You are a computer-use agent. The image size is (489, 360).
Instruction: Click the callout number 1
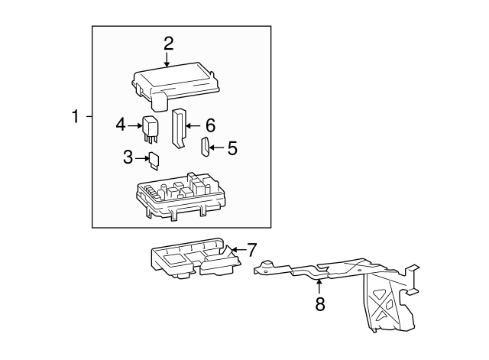click(76, 117)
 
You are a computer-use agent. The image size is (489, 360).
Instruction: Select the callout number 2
click(168, 43)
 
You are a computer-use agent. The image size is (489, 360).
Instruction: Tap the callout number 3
click(128, 157)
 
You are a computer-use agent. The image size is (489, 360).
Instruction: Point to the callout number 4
click(121, 124)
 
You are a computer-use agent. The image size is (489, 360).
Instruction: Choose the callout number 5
click(232, 148)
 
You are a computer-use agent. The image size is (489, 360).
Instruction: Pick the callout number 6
click(210, 124)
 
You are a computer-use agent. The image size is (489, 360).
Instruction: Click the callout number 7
click(251, 249)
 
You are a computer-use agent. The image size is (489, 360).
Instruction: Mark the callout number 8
click(320, 304)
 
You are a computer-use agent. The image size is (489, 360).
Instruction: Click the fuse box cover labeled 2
click(176, 81)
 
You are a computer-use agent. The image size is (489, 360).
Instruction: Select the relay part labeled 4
click(151, 128)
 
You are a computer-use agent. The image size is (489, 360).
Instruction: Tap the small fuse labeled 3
click(154, 160)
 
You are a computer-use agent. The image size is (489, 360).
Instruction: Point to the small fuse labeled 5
click(204, 147)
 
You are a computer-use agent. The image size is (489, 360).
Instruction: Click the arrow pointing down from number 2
click(168, 60)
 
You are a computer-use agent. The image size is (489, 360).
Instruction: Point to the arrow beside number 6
click(192, 125)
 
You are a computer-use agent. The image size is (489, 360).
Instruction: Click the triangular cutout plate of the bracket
click(381, 302)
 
